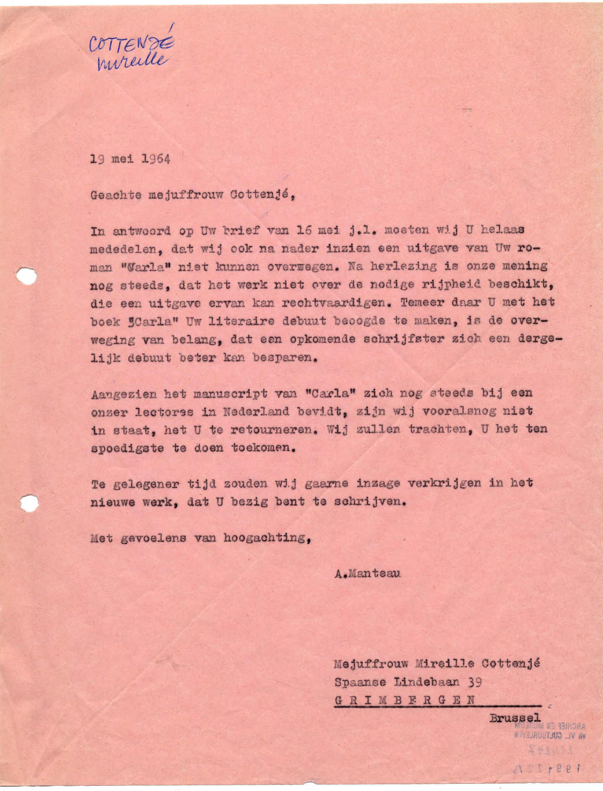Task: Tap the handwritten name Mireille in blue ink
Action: click(x=132, y=62)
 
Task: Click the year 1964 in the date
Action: click(x=156, y=159)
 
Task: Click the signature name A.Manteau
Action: click(x=368, y=574)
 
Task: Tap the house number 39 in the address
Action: click(x=474, y=683)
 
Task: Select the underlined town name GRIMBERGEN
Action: click(x=405, y=700)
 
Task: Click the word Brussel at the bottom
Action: click(x=515, y=717)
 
